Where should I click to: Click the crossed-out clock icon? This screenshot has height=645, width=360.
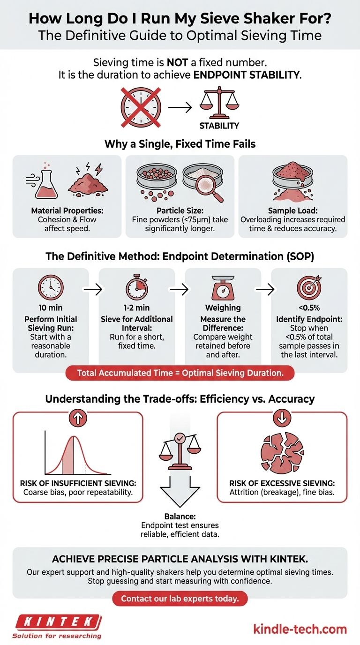click(x=141, y=107)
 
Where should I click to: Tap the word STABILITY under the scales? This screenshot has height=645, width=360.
click(x=219, y=126)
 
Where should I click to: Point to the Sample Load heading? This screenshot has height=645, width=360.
click(x=293, y=211)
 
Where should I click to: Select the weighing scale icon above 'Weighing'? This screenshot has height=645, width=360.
click(x=223, y=286)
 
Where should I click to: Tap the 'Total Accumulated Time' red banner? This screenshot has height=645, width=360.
click(x=180, y=373)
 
